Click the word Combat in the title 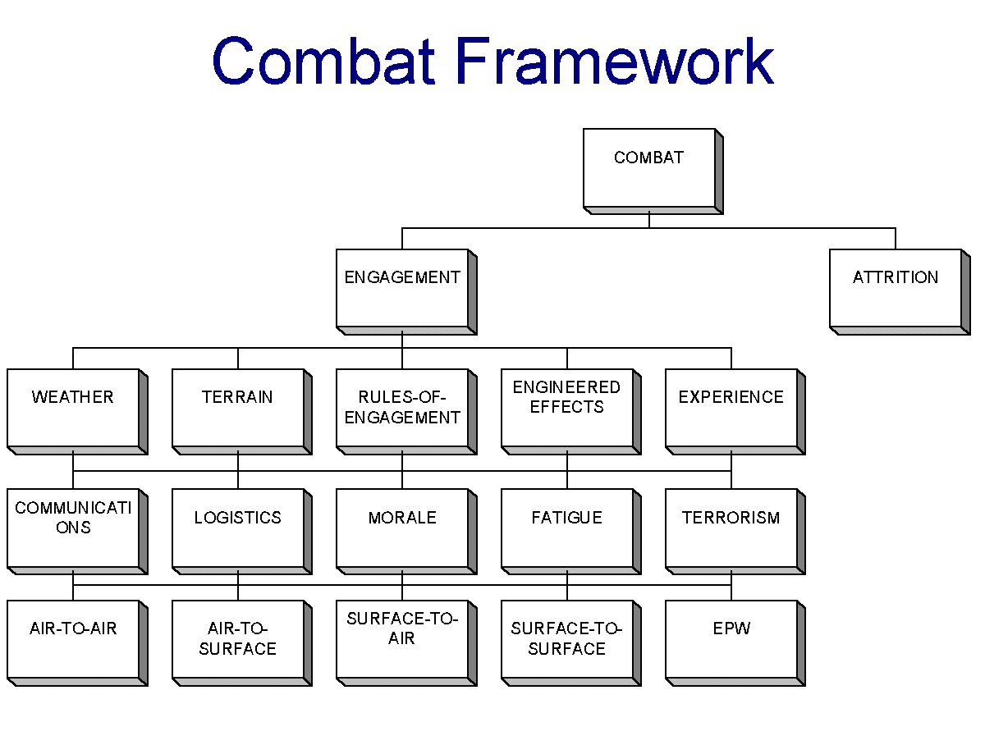[323, 61]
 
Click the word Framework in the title [615, 61]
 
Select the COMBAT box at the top [653, 171]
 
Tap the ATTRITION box [900, 291]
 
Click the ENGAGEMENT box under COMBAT [406, 291]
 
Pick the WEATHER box [77, 411]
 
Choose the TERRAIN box [242, 411]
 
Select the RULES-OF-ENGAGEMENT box [406, 411]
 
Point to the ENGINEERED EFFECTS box [570, 411]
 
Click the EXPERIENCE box [735, 411]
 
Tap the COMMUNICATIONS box [77, 531]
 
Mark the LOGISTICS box [242, 531]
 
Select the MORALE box [406, 531]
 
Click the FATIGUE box [570, 531]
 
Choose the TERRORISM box [735, 531]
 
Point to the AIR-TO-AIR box [77, 642]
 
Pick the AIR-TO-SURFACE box [242, 642]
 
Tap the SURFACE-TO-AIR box [406, 642]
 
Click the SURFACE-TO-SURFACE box [570, 642]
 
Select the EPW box [735, 642]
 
